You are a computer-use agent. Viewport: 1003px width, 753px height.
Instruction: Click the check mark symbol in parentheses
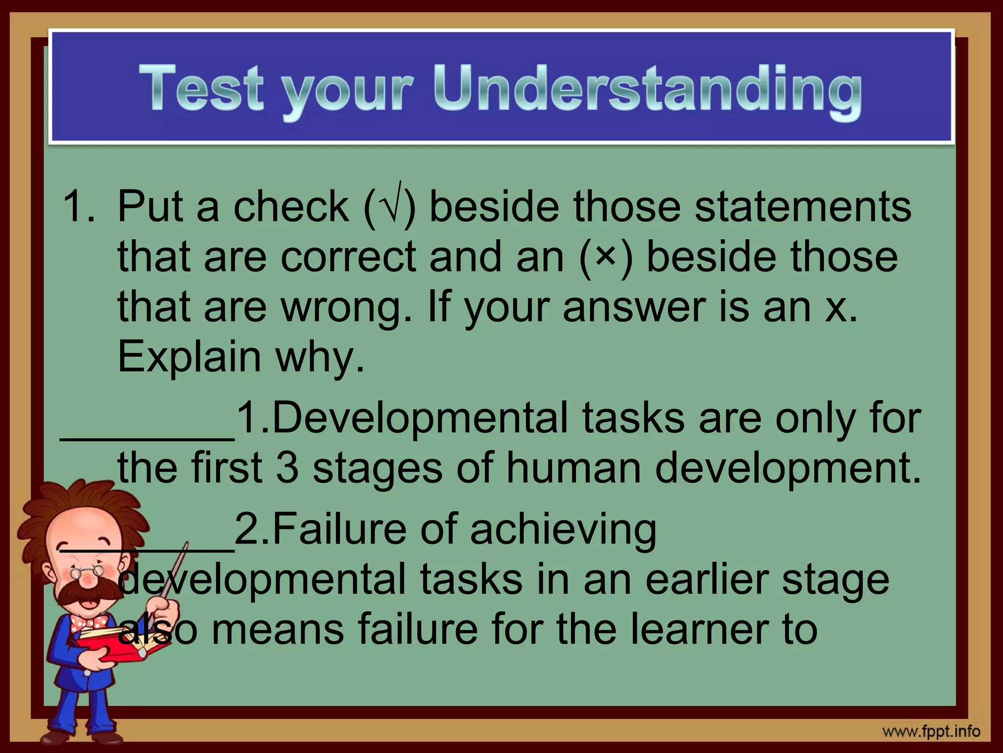pyautogui.click(x=390, y=206)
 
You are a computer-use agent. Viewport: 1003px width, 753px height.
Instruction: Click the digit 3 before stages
pyautogui.click(x=287, y=468)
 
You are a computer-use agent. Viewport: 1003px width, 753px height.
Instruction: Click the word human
pyautogui.click(x=573, y=468)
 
